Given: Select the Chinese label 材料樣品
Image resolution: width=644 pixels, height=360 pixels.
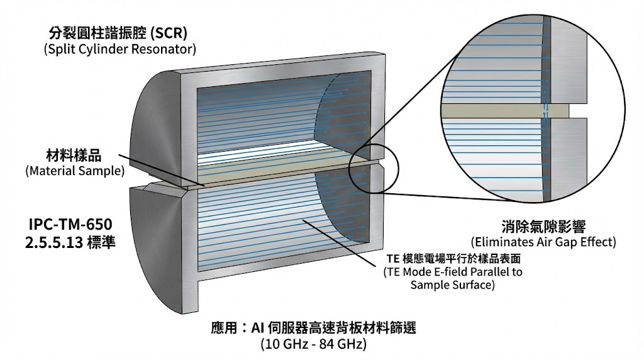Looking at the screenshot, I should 74,155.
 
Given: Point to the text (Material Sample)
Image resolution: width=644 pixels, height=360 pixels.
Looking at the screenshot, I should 74,171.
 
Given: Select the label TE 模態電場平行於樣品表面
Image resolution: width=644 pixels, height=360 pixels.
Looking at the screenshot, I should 452,259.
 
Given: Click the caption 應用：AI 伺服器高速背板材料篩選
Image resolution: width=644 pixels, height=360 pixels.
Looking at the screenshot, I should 314,328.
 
